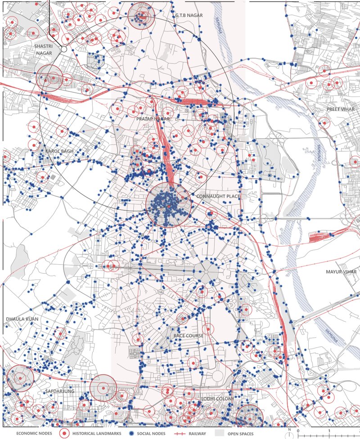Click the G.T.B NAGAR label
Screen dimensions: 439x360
click(189, 15)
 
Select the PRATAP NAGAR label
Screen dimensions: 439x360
click(153, 118)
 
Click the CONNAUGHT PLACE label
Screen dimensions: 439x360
click(218, 197)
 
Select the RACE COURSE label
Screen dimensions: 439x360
click(189, 335)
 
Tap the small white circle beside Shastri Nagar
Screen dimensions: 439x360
click(64, 49)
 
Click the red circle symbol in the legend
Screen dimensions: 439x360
click(65, 434)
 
